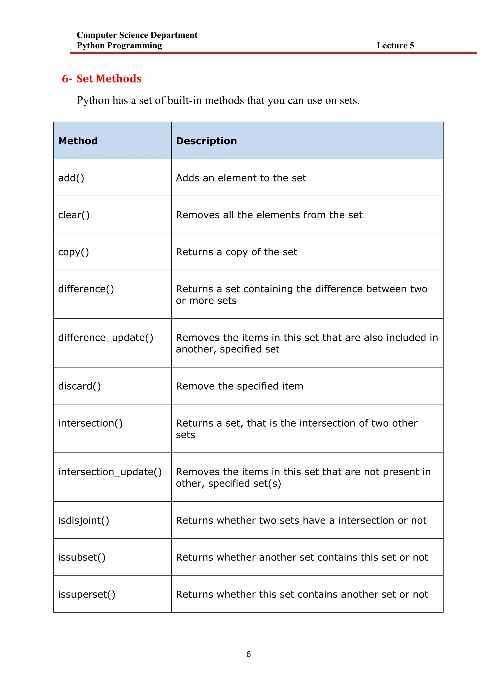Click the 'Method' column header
coord(78,141)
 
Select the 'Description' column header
coord(206,141)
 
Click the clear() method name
coord(74,215)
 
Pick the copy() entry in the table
coord(73,252)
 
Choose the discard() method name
coord(79,386)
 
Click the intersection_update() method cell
coord(110,472)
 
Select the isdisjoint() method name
coord(84,520)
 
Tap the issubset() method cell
coord(82,557)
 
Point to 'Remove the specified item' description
coord(240,386)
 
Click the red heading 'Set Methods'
coord(109,79)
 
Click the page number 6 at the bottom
coord(248,654)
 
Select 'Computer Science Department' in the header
coord(137,35)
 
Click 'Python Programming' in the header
coord(119,45)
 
